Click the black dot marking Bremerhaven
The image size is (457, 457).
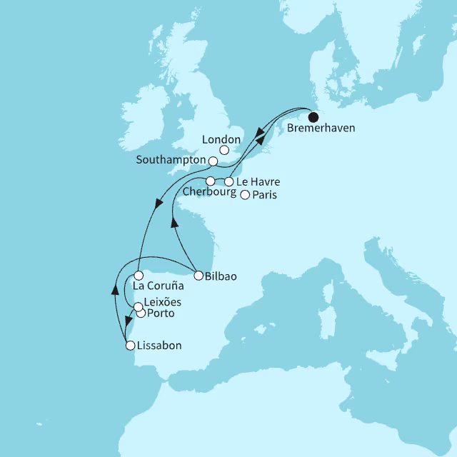point(313,118)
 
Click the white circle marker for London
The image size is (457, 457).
point(224,151)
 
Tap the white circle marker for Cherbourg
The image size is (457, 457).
point(211,181)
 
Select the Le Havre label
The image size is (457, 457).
point(257,181)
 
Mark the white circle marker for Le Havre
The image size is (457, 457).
point(229,181)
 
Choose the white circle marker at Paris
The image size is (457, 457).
point(245,195)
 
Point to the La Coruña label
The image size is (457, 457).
point(159,287)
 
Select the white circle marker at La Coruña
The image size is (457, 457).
point(139,275)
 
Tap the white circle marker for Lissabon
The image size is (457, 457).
point(130,346)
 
